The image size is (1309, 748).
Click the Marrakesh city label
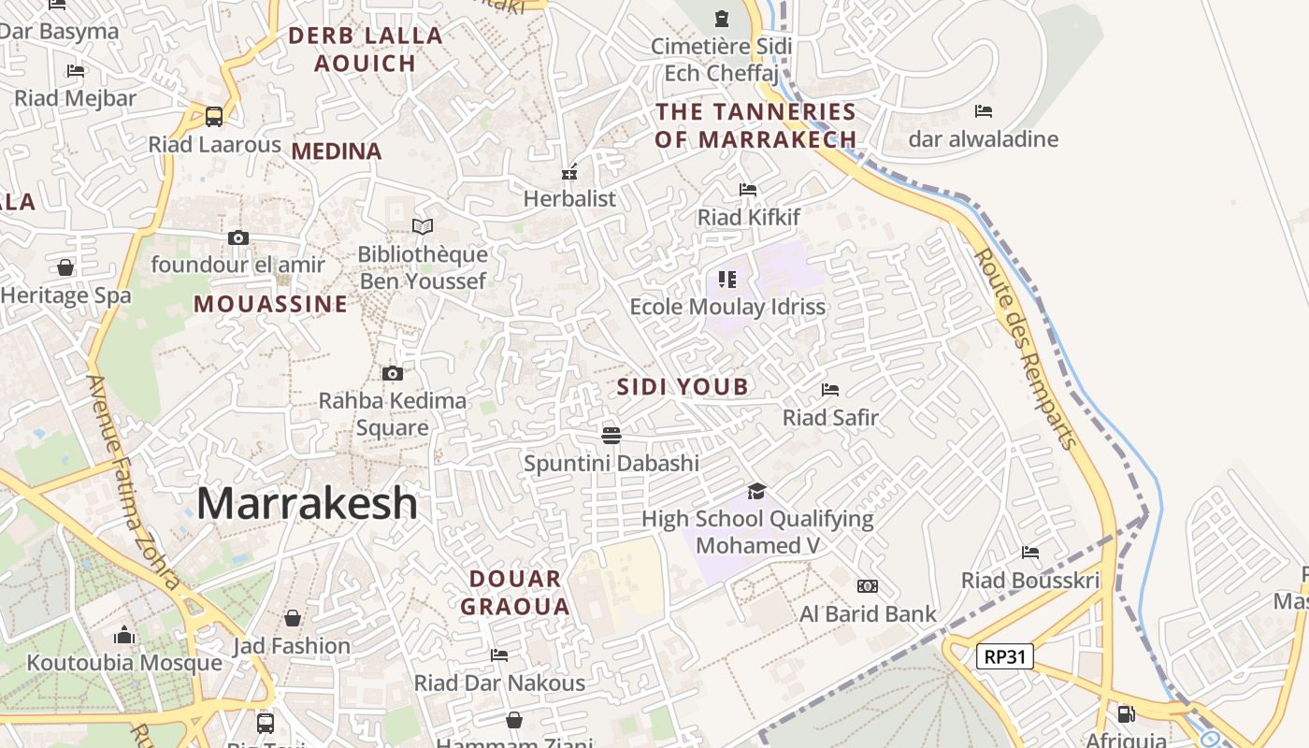[x=307, y=503]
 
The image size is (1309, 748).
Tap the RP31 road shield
[x=1005, y=656]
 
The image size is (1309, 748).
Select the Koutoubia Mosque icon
[x=124, y=636]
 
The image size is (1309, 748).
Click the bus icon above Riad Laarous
[x=214, y=117]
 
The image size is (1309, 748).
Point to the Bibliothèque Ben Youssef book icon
[x=423, y=226]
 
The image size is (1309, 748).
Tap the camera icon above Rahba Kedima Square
[x=393, y=374]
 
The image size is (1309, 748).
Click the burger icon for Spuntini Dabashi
[x=611, y=435]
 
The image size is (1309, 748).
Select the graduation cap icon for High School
[x=756, y=491]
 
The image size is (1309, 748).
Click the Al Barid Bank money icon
[x=868, y=586]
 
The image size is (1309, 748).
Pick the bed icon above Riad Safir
[x=830, y=389]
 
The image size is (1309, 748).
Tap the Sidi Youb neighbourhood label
[x=683, y=387]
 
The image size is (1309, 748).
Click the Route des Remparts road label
[x=1026, y=348]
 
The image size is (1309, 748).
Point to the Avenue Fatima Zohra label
[x=133, y=481]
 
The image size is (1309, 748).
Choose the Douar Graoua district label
[x=515, y=593]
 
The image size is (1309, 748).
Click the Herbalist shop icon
[x=568, y=172]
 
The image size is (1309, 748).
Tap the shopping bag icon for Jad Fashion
[x=293, y=618]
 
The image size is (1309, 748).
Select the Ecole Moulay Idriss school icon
[x=727, y=279]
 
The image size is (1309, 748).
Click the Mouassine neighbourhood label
[x=270, y=304]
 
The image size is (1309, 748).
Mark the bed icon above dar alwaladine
[x=983, y=111]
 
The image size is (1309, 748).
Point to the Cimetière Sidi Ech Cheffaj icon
[x=721, y=18]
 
